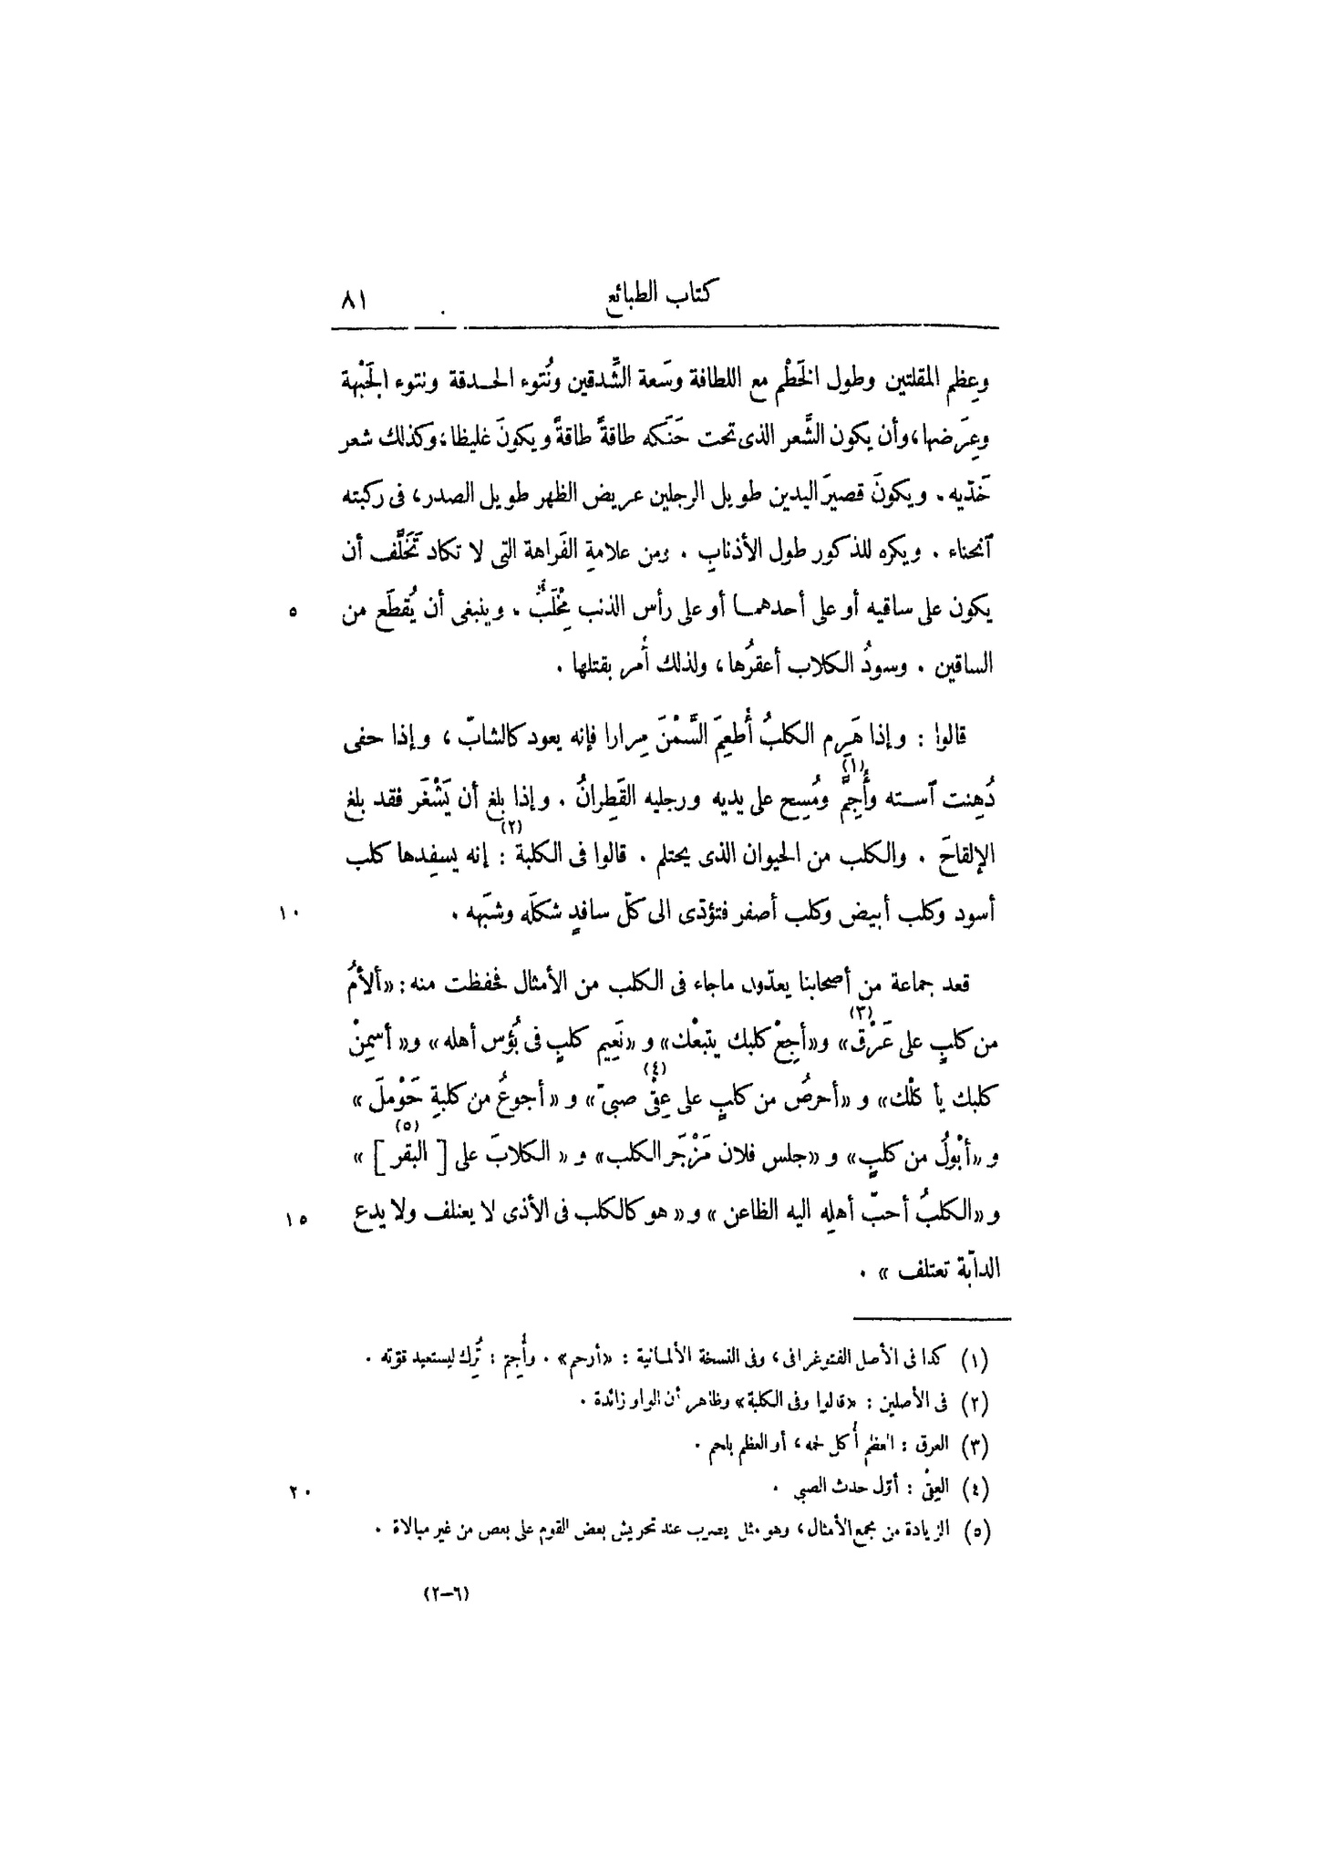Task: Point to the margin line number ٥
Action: (x=293, y=613)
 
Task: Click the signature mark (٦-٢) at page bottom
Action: (x=449, y=1595)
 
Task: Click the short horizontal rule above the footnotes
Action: (x=934, y=1318)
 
